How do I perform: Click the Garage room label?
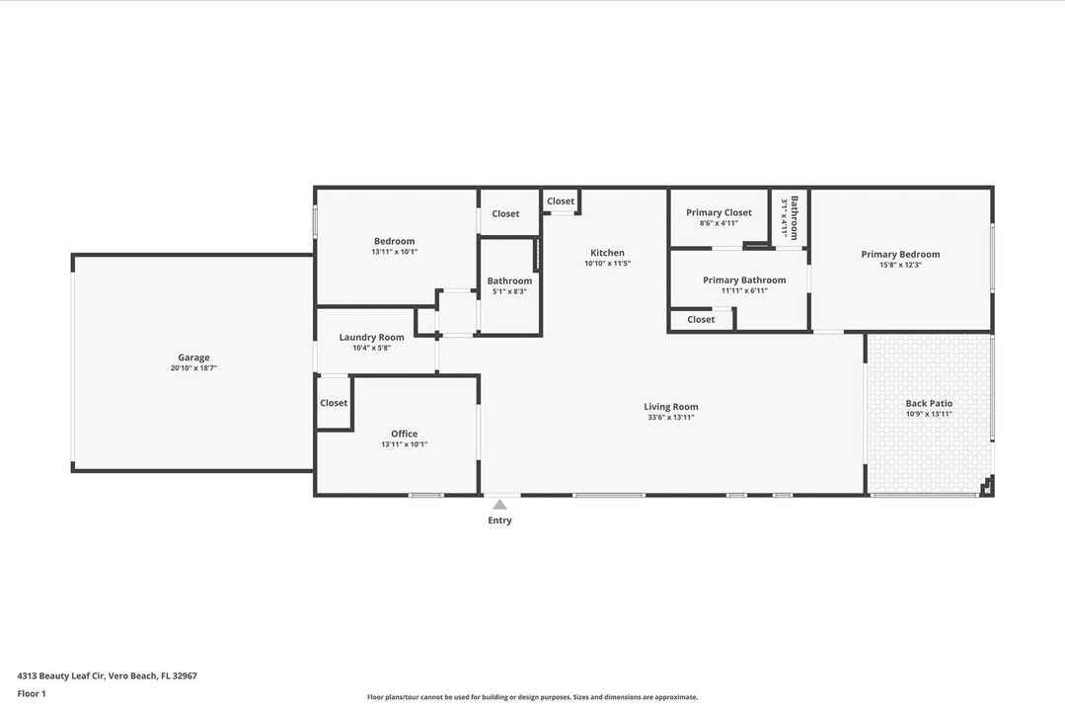click(x=193, y=357)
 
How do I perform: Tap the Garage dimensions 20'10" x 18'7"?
click(x=193, y=368)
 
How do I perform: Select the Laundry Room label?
click(x=371, y=337)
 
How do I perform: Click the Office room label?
click(x=404, y=434)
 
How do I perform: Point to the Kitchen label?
click(x=607, y=253)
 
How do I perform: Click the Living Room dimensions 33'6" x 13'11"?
click(x=671, y=418)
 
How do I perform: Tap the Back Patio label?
click(x=929, y=403)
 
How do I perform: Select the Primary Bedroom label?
click(x=900, y=254)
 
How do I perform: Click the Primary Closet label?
click(x=719, y=212)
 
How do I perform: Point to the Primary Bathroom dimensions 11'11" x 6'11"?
click(x=744, y=290)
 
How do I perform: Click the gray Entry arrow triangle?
click(x=499, y=505)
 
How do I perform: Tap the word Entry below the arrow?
click(x=499, y=520)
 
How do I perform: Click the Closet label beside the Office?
click(x=334, y=403)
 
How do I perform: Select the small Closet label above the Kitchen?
click(x=561, y=201)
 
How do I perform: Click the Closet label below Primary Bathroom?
click(x=701, y=320)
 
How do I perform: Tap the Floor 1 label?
click(x=32, y=693)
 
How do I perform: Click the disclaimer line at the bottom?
click(x=532, y=697)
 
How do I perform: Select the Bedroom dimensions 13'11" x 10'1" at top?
click(x=394, y=252)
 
